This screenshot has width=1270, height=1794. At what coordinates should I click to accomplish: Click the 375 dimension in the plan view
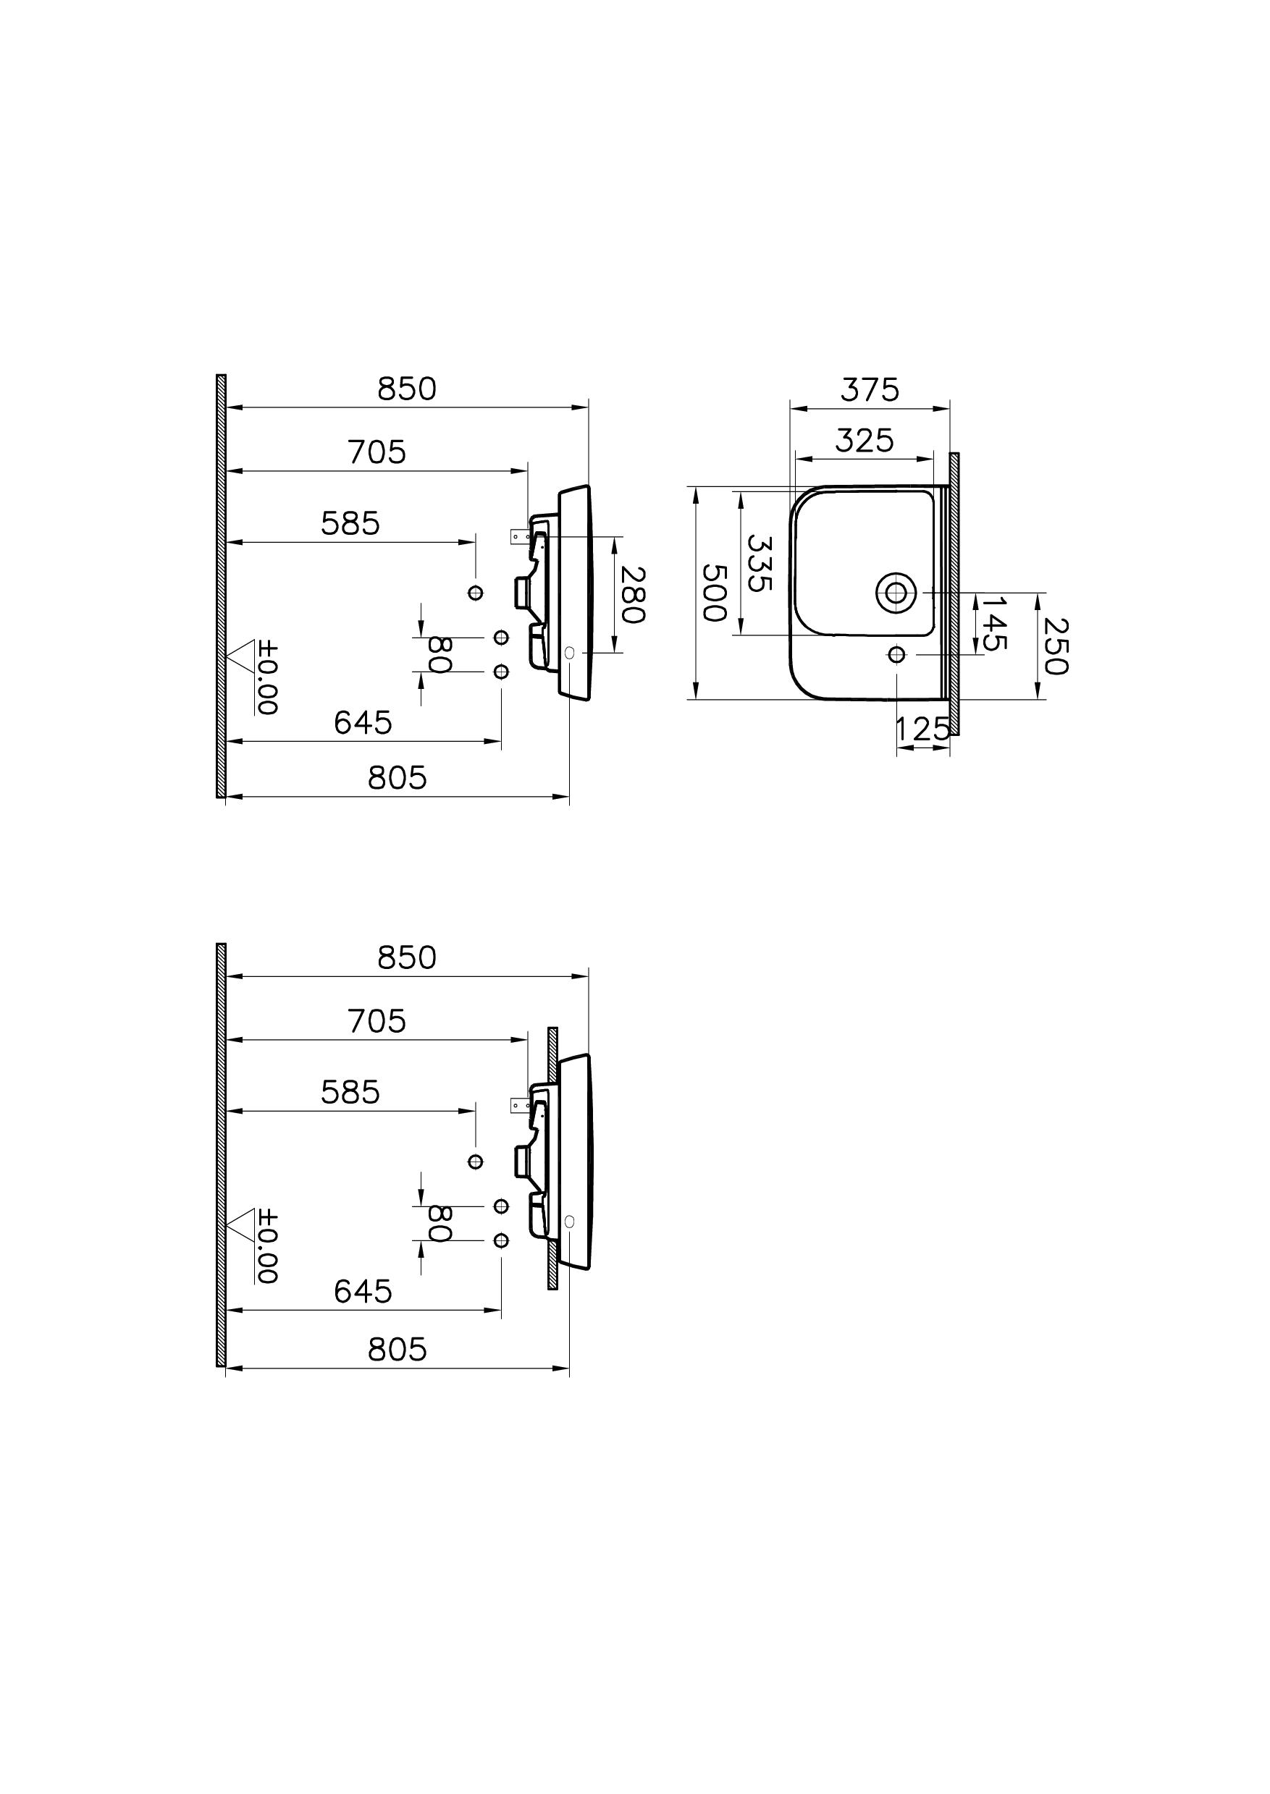[x=870, y=389]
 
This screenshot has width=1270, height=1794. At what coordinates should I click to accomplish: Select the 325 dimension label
[x=864, y=441]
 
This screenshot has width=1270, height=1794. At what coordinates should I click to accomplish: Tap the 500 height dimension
[x=714, y=593]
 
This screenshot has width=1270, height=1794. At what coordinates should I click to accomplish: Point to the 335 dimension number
[x=760, y=563]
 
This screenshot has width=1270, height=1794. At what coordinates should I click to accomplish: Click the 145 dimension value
[x=994, y=623]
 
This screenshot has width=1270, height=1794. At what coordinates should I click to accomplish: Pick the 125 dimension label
[x=922, y=729]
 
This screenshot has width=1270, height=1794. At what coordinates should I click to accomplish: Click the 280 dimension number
[x=632, y=595]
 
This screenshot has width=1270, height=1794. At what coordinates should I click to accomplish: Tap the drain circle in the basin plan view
[x=896, y=593]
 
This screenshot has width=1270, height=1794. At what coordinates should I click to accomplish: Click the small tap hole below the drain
[x=896, y=654]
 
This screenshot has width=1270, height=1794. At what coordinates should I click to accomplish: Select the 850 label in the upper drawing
[x=407, y=389]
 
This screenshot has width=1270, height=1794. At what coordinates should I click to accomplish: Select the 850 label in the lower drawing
[x=407, y=957]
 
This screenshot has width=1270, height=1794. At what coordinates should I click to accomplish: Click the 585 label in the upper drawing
[x=350, y=524]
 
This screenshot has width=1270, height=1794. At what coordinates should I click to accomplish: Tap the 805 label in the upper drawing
[x=398, y=778]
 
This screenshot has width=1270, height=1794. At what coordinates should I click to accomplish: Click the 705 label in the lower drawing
[x=377, y=1022]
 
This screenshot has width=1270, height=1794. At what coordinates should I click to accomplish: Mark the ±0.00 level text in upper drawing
[x=267, y=678]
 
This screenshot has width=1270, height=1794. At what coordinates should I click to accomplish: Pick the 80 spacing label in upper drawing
[x=440, y=654]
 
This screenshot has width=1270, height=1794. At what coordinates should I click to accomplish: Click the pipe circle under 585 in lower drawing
[x=476, y=1162]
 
